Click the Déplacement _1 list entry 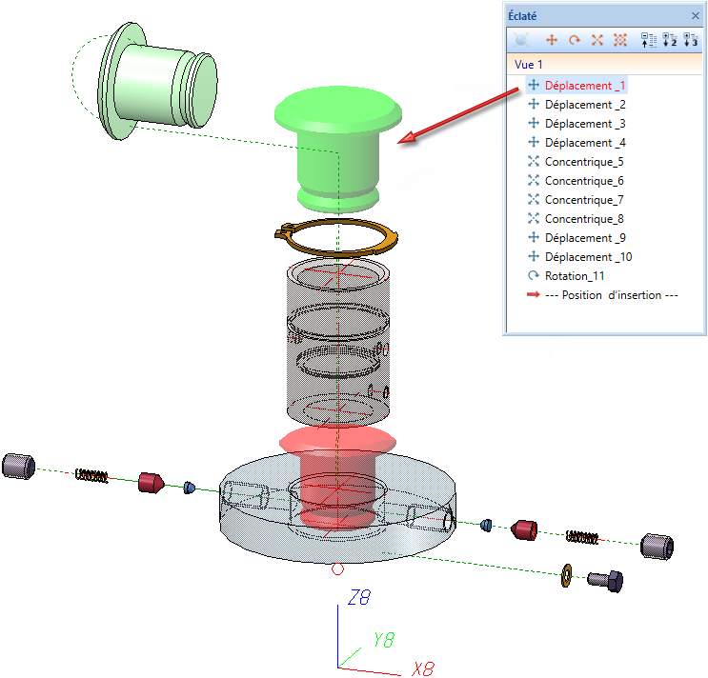coord(584,86)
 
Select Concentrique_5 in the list coord(584,162)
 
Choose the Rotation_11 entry coord(575,276)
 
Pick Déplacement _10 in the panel coord(588,257)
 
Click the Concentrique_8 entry coord(584,219)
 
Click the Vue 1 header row coord(529,65)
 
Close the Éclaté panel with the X coord(695,15)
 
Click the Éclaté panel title coord(523,15)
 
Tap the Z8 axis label coord(359,598)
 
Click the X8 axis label coord(423,668)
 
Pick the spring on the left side coord(91,474)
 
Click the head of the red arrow coord(404,140)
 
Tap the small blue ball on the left coord(189,488)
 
